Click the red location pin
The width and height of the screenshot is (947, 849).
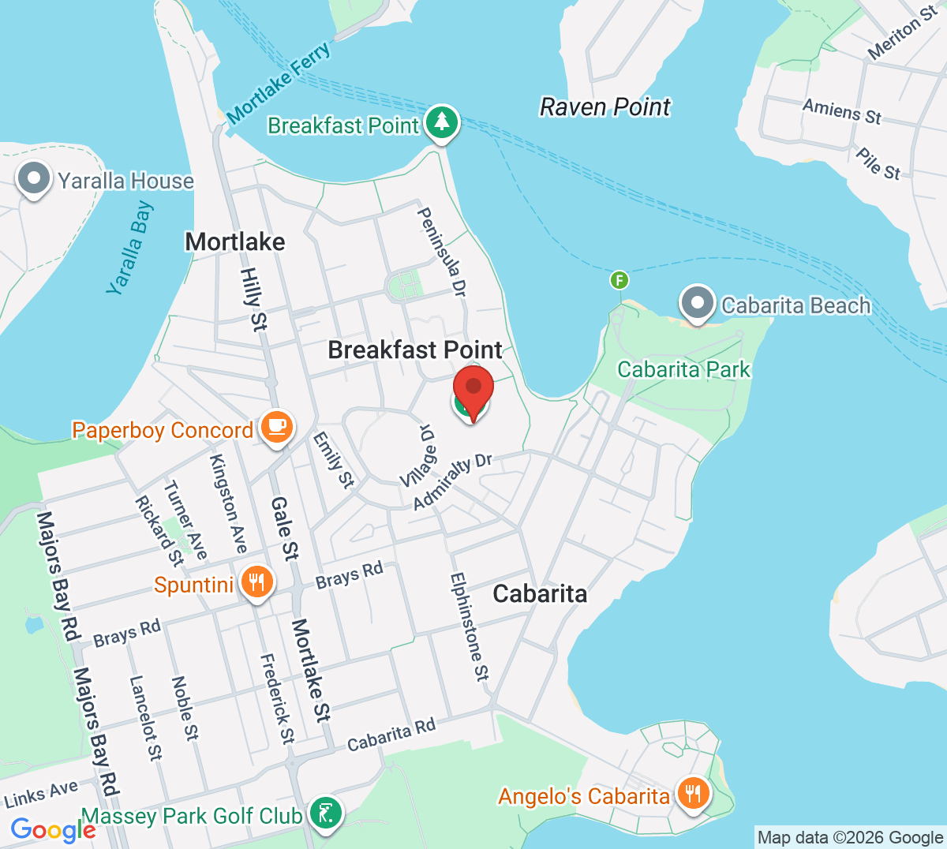pos(473,388)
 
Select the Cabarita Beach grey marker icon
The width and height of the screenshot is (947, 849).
pos(697,304)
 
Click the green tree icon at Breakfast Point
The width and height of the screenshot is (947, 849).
pos(442,123)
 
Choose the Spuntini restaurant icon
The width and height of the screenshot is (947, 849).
pos(256,582)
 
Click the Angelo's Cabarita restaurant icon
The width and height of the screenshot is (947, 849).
pos(692,793)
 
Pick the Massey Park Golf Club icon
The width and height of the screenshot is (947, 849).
pos(325,813)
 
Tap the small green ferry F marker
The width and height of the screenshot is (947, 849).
pos(619,280)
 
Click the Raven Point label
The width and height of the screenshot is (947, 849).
pos(605,107)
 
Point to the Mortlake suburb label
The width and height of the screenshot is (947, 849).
pos(235,241)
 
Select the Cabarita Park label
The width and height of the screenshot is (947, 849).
pos(683,369)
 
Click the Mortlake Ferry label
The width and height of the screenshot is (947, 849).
pos(279,83)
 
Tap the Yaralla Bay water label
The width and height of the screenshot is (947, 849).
pos(131,248)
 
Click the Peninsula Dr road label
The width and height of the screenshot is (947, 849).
pos(442,252)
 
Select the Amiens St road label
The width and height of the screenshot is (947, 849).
pos(841,111)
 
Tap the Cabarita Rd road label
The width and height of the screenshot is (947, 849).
pos(391,735)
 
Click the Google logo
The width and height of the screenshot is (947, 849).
pos(53,829)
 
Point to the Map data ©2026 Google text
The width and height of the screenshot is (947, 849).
pos(850,837)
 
